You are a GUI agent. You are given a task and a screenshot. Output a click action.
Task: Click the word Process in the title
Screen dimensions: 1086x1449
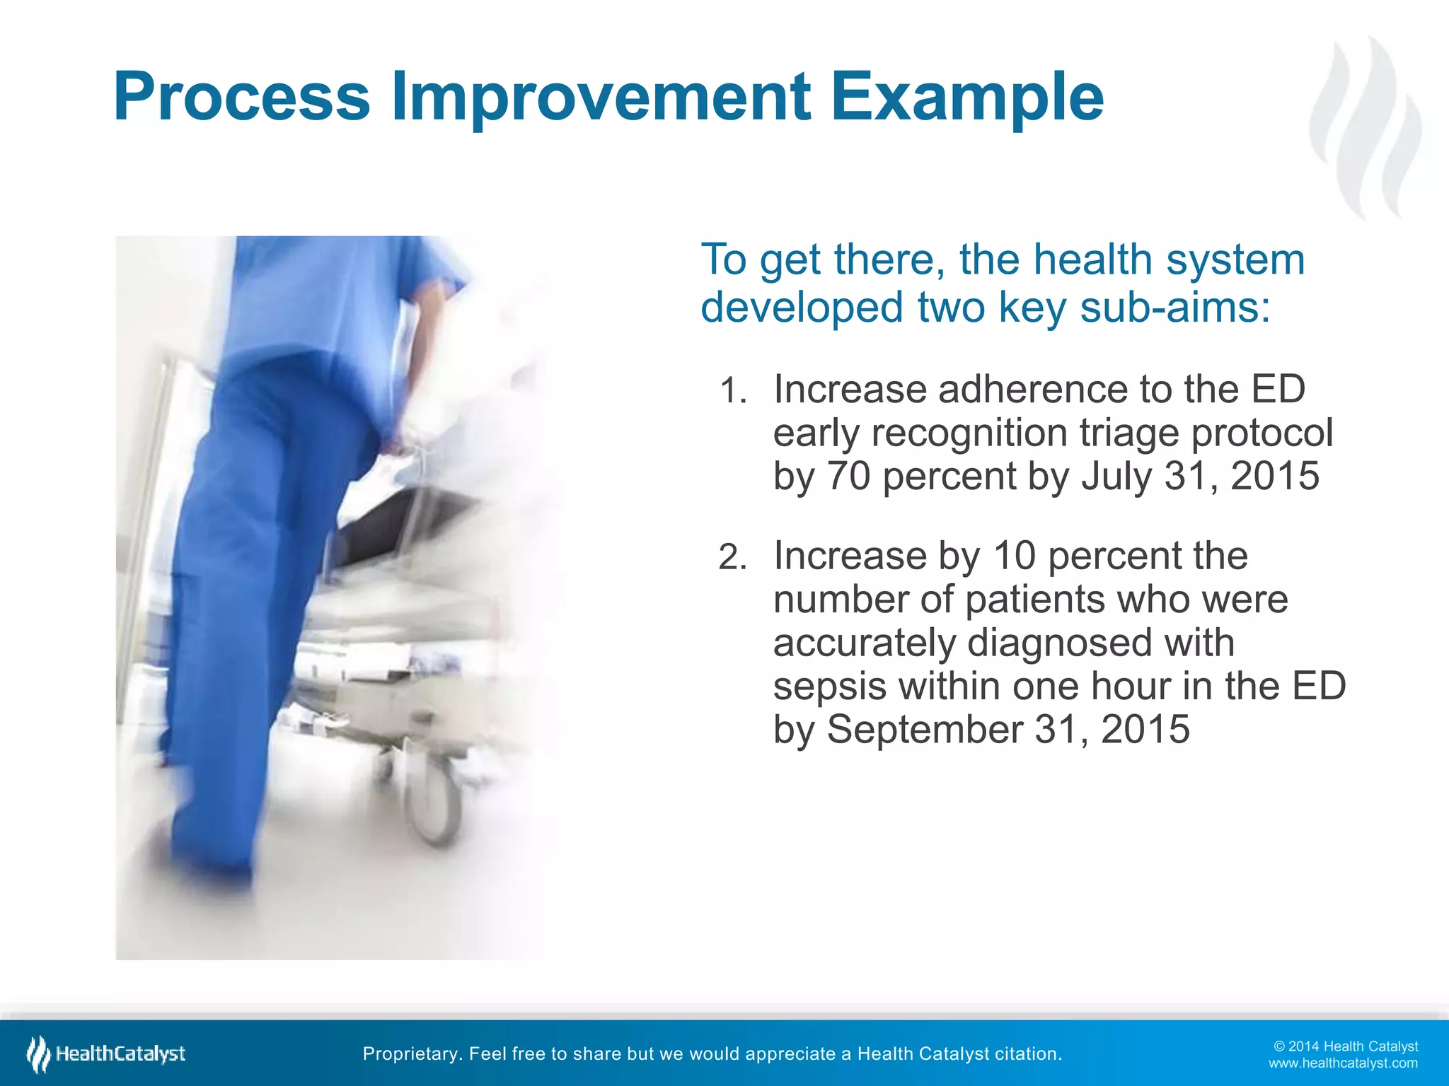(241, 97)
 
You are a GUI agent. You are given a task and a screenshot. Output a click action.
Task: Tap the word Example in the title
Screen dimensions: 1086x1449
(966, 97)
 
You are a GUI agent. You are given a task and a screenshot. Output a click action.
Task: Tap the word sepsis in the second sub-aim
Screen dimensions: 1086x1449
(829, 686)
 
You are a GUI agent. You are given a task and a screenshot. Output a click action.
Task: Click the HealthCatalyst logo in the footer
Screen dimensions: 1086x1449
(106, 1054)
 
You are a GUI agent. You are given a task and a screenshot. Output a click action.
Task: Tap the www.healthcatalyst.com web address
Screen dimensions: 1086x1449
(1342, 1063)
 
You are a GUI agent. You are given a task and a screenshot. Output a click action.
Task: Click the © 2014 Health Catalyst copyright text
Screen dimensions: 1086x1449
(1345, 1046)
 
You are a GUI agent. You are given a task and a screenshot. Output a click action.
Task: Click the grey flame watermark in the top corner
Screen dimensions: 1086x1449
(1366, 127)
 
